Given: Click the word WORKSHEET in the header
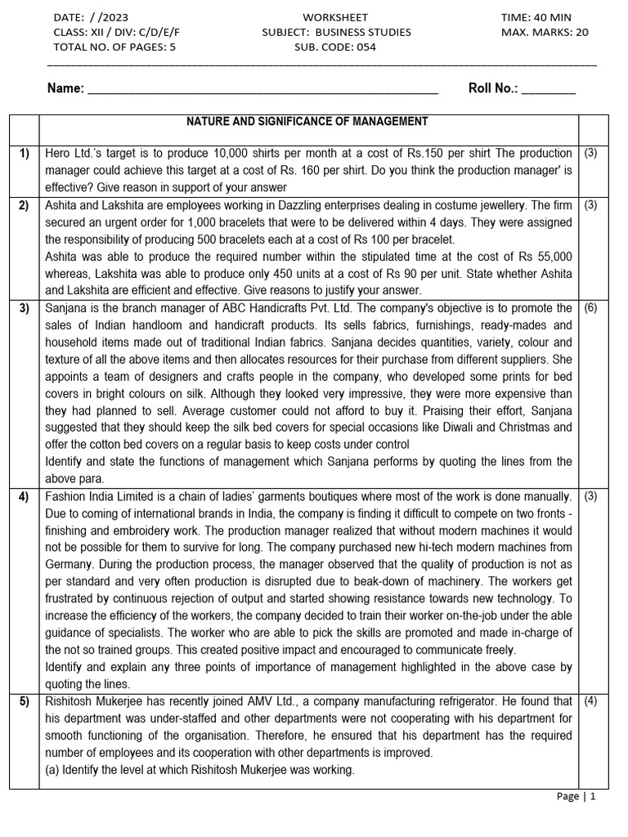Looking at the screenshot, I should tap(335, 17).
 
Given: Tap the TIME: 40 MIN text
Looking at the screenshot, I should tap(536, 17).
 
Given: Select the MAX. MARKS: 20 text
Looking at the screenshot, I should tap(545, 33).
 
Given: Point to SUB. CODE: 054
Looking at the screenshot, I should tap(335, 47).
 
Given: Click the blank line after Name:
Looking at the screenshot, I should tap(262, 89).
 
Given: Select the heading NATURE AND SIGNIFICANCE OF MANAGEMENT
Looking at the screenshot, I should tap(307, 122).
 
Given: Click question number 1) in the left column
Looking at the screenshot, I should tap(25, 154).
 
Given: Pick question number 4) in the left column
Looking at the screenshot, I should tap(25, 496).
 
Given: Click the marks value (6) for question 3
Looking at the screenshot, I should tap(590, 308).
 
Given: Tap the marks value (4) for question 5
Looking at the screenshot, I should tap(590, 701).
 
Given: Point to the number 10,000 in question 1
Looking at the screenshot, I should tap(239, 154).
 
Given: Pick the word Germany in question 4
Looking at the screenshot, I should tap(69, 565).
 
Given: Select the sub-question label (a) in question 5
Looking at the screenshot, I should tap(53, 770).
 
